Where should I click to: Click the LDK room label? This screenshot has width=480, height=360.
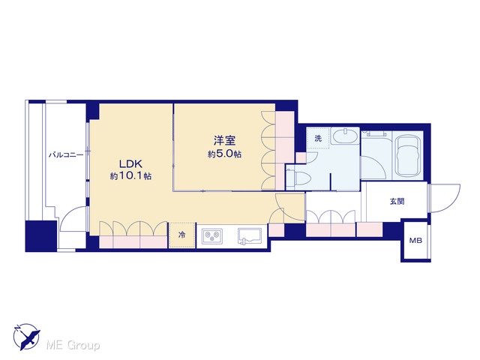click(x=130, y=164)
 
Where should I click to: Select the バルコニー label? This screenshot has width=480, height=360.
click(x=66, y=155)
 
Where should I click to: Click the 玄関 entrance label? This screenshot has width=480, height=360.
click(x=397, y=202)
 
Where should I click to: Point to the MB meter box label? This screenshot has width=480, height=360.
click(x=415, y=241)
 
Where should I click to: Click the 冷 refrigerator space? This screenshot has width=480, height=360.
click(x=182, y=235)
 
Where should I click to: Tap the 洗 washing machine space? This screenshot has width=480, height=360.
click(x=318, y=138)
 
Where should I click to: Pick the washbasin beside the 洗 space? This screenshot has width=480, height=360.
click(x=345, y=136)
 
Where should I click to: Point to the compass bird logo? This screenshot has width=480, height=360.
click(x=27, y=337)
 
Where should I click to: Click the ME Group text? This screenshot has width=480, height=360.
click(x=73, y=346)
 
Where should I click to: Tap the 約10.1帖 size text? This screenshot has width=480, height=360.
click(x=130, y=176)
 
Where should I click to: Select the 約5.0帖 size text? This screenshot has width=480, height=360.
click(x=224, y=154)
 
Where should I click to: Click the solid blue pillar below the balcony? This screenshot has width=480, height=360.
click(x=41, y=236)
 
